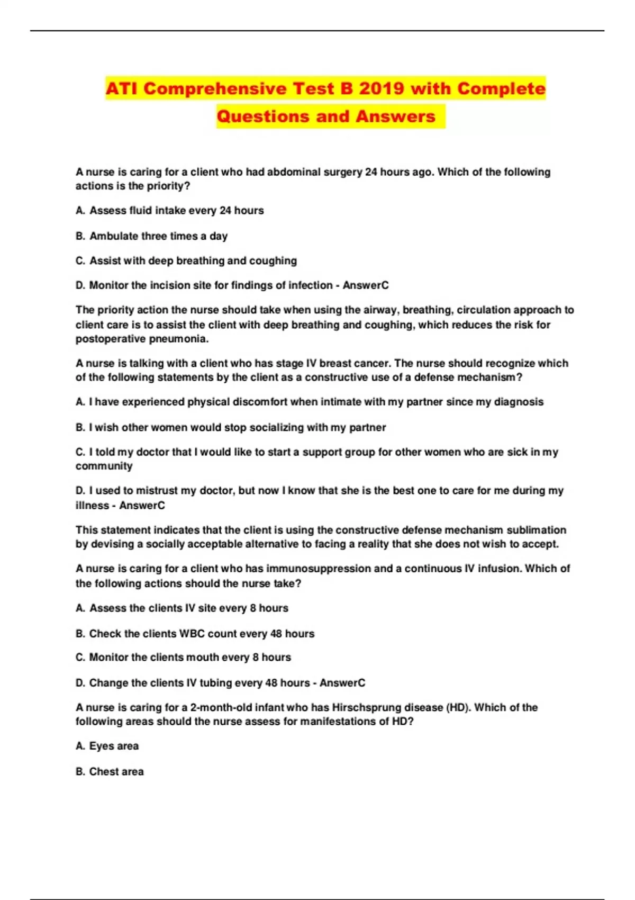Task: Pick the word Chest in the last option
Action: click(102, 772)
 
